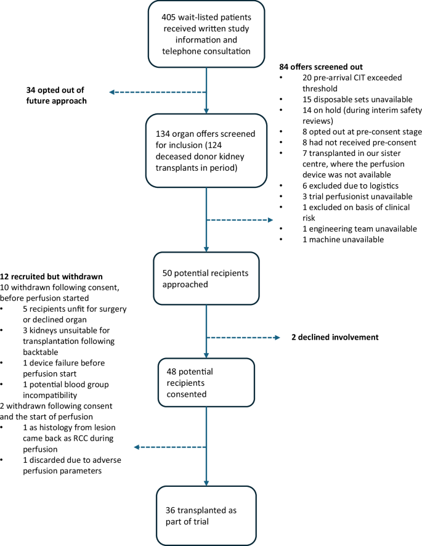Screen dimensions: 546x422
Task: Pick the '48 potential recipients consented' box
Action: click(x=206, y=373)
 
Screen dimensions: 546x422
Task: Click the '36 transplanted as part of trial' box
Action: click(x=206, y=510)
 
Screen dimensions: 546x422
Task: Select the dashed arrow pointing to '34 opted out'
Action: click(x=158, y=92)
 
